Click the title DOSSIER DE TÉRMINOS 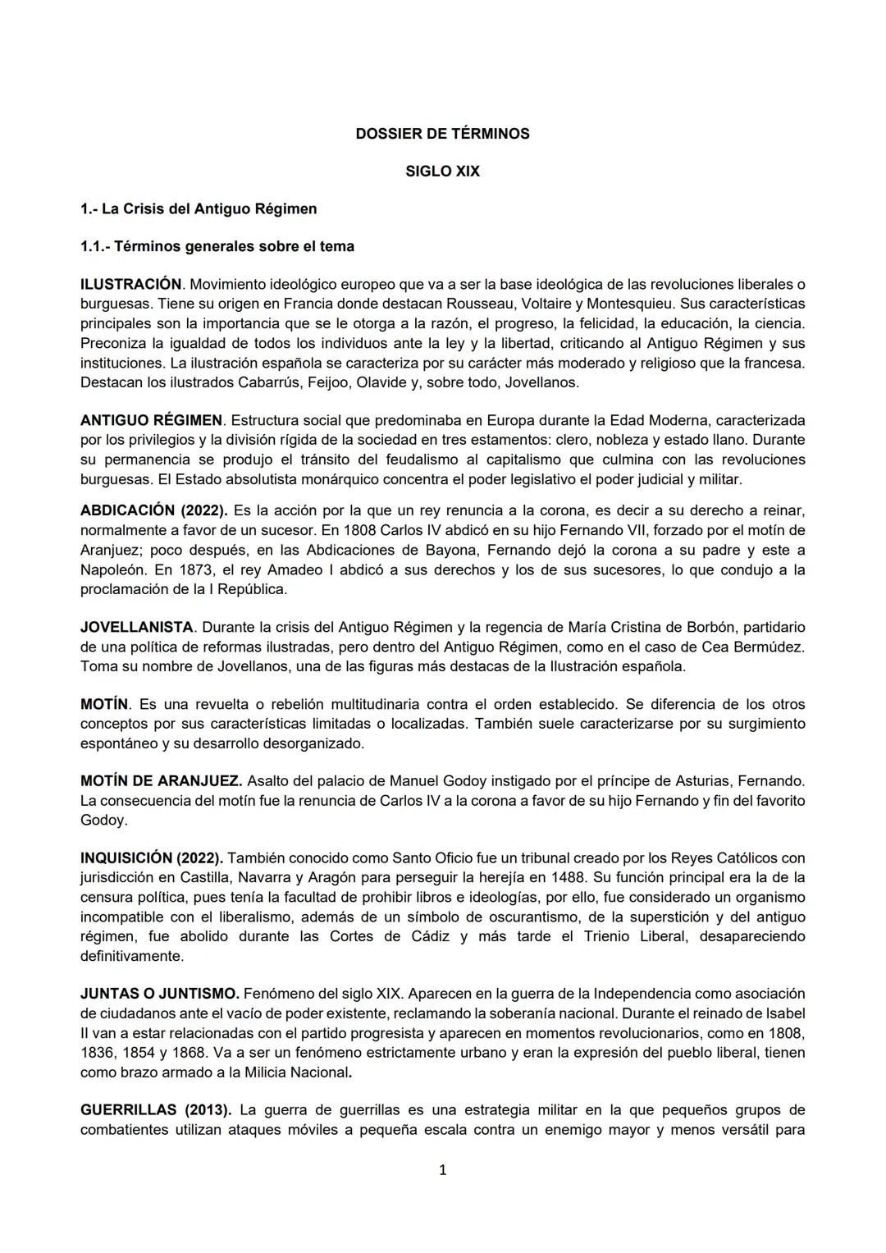point(442,134)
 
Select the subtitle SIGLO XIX point(442,171)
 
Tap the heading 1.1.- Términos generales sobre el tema point(217,246)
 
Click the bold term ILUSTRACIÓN point(130,285)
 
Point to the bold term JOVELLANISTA point(136,628)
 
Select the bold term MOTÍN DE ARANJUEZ point(161,780)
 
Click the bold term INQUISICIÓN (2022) point(152,858)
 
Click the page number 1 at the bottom point(443,1170)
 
